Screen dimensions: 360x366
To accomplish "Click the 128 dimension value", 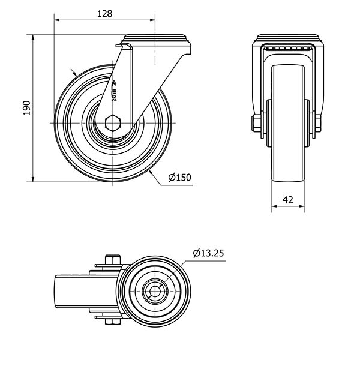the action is coord(104,14).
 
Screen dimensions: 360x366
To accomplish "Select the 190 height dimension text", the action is coord(27,108).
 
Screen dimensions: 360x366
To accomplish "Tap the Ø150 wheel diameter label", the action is coord(180,178).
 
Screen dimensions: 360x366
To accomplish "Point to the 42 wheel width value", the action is coord(288,200).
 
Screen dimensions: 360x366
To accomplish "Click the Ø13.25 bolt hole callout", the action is coord(208,253).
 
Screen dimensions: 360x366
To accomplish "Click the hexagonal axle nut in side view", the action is coord(113,123).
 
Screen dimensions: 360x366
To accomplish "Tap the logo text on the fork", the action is coord(115,91).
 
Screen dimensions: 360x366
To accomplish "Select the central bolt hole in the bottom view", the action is coord(155,291).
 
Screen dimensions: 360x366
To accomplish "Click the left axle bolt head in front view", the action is coord(256,124).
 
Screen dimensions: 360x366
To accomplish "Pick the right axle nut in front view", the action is coord(318,124).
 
